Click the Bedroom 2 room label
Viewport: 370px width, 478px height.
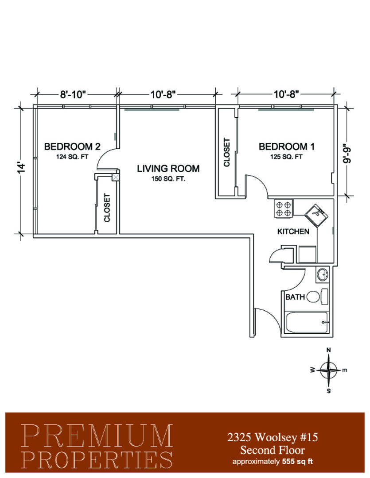(x=72, y=146)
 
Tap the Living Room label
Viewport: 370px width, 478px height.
(x=168, y=168)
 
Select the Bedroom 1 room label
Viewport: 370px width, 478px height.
(x=286, y=146)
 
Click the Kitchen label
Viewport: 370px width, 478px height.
(x=293, y=231)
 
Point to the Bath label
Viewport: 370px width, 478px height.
(x=295, y=297)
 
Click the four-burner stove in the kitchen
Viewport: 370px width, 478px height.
(x=283, y=208)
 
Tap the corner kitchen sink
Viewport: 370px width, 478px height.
(x=316, y=215)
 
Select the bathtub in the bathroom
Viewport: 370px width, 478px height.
(x=307, y=322)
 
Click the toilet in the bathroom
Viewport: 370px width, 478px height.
(x=317, y=296)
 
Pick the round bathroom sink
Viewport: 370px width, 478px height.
(x=323, y=275)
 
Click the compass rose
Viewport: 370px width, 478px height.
(x=328, y=370)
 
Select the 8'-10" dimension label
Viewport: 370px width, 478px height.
(x=73, y=95)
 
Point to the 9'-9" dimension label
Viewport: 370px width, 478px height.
(x=347, y=153)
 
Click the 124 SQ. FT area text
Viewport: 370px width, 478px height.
(x=72, y=157)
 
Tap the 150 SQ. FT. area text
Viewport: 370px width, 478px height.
(x=168, y=179)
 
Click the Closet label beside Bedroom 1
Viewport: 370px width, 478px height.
(x=227, y=152)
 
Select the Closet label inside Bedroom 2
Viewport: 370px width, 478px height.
(x=107, y=208)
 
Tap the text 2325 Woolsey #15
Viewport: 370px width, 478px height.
(x=273, y=437)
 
